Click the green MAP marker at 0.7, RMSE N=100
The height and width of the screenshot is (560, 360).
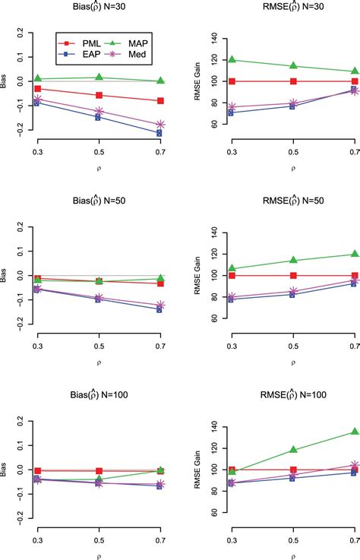355,432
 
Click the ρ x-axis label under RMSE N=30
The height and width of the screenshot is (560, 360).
293,163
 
